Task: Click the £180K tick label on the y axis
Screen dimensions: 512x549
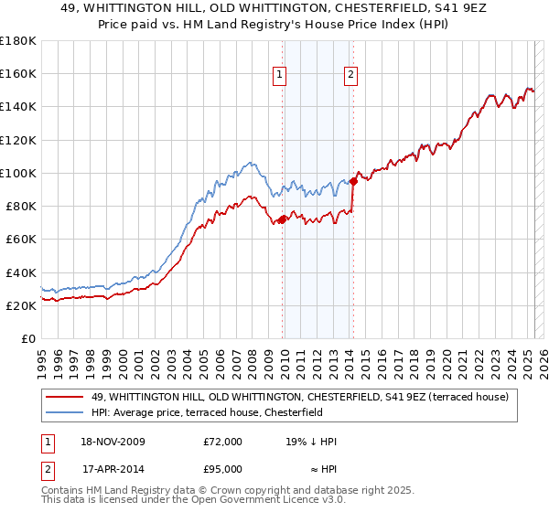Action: [x=18, y=41]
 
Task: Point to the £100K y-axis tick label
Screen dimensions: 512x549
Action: [x=18, y=173]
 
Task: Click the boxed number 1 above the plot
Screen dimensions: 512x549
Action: [x=278, y=76]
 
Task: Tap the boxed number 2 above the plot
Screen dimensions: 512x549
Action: [x=350, y=76]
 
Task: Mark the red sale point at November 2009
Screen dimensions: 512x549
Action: [x=283, y=219]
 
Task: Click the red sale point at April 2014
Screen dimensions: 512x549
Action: [x=353, y=181]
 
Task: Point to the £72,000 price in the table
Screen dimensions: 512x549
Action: [x=223, y=442]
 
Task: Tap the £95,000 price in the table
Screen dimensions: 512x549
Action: [x=223, y=469]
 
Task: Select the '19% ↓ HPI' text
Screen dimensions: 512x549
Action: [x=311, y=442]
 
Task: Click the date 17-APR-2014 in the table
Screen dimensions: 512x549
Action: [x=113, y=469]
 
